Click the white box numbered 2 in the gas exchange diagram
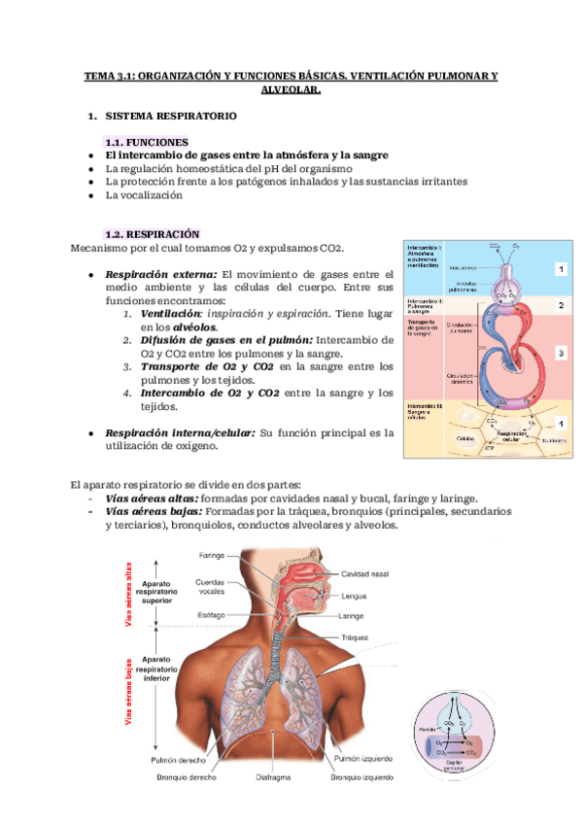[x=561, y=305]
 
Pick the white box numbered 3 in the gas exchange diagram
[x=561, y=355]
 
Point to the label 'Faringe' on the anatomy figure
[x=212, y=556]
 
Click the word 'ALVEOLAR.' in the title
[x=291, y=88]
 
